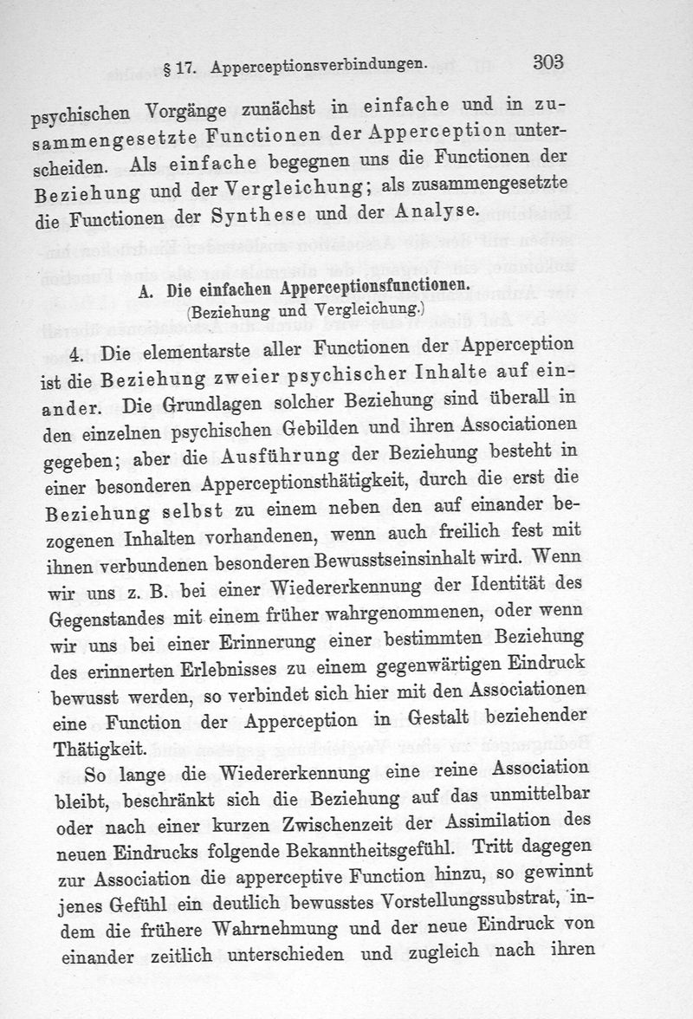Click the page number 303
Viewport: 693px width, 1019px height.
[x=549, y=62]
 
